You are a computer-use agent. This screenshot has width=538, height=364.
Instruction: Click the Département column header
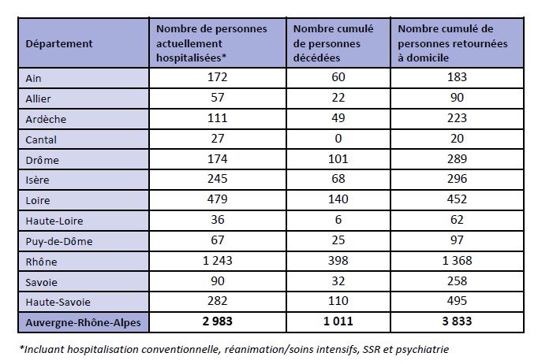coord(59,43)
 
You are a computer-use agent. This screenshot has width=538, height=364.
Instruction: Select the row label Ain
coord(35,77)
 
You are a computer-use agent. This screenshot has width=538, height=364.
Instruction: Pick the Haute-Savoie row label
coord(58,300)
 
